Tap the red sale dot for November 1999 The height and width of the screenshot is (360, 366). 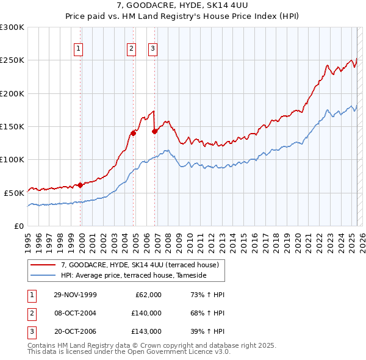coord(80,185)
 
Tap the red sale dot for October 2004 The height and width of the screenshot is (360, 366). coord(132,133)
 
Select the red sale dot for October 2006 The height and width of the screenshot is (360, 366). coord(154,131)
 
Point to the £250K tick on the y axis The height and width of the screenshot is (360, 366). coord(12,60)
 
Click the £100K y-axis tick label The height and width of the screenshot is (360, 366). coord(12,159)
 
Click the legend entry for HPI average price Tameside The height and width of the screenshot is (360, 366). coord(134,276)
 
